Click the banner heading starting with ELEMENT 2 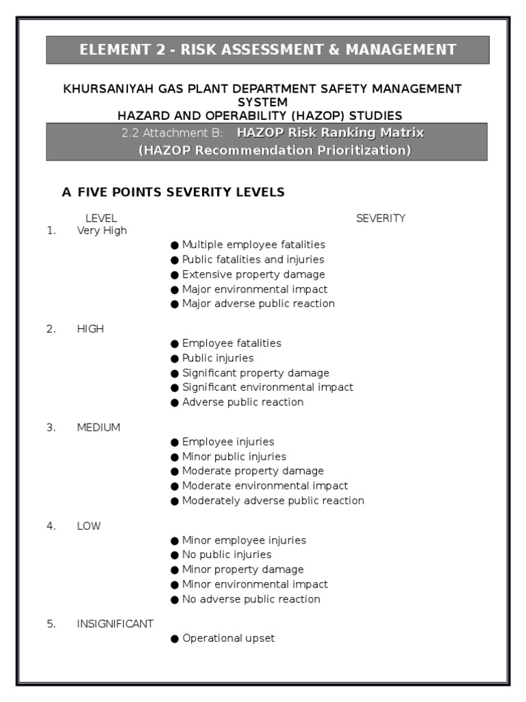coord(267,49)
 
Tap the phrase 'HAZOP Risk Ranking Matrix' coord(330,133)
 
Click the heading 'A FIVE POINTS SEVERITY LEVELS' coord(173,193)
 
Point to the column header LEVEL coord(101,219)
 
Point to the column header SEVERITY coord(380,219)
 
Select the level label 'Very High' coord(102,231)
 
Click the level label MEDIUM coord(99,428)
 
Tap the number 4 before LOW coord(51,526)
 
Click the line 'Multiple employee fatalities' coord(253,245)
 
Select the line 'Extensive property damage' coord(253,274)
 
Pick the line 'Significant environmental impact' coord(267,387)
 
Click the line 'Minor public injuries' coord(234,457)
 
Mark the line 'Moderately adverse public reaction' coord(273,501)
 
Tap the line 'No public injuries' coord(227,555)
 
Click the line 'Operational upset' coord(228,638)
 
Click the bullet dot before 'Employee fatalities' coord(175,344)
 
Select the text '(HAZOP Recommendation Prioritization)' coord(274,151)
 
